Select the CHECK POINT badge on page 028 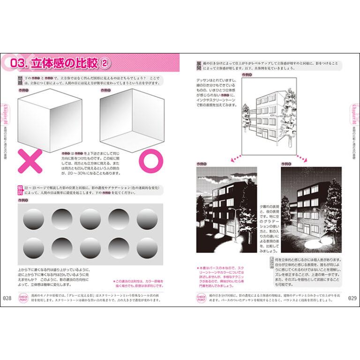pyautogui.click(x=23, y=299)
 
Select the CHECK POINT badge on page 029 pyautogui.click(x=201, y=299)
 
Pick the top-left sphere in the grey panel pyautogui.click(x=34, y=219)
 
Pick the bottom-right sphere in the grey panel pyautogui.click(x=147, y=247)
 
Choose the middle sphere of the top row pyautogui.click(x=90, y=219)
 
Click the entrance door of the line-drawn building pyautogui.click(x=265, y=136)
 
